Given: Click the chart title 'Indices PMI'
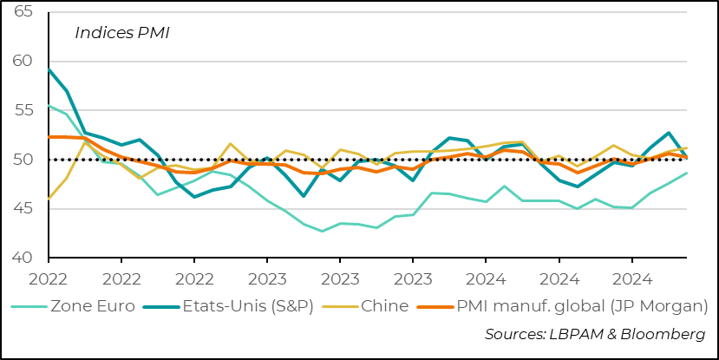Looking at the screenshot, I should point(121,34).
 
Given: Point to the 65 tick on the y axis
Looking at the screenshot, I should point(24,12).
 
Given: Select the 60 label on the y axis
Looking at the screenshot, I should point(24,62).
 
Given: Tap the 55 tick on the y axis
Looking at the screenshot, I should point(24,110).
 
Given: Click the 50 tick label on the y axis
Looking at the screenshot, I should point(24,160).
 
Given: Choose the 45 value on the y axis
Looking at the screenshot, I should point(24,209).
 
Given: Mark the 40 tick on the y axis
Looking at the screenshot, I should point(24,258).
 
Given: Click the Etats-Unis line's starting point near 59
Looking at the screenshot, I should point(49,69).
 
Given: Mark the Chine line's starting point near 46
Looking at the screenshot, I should point(49,199).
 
